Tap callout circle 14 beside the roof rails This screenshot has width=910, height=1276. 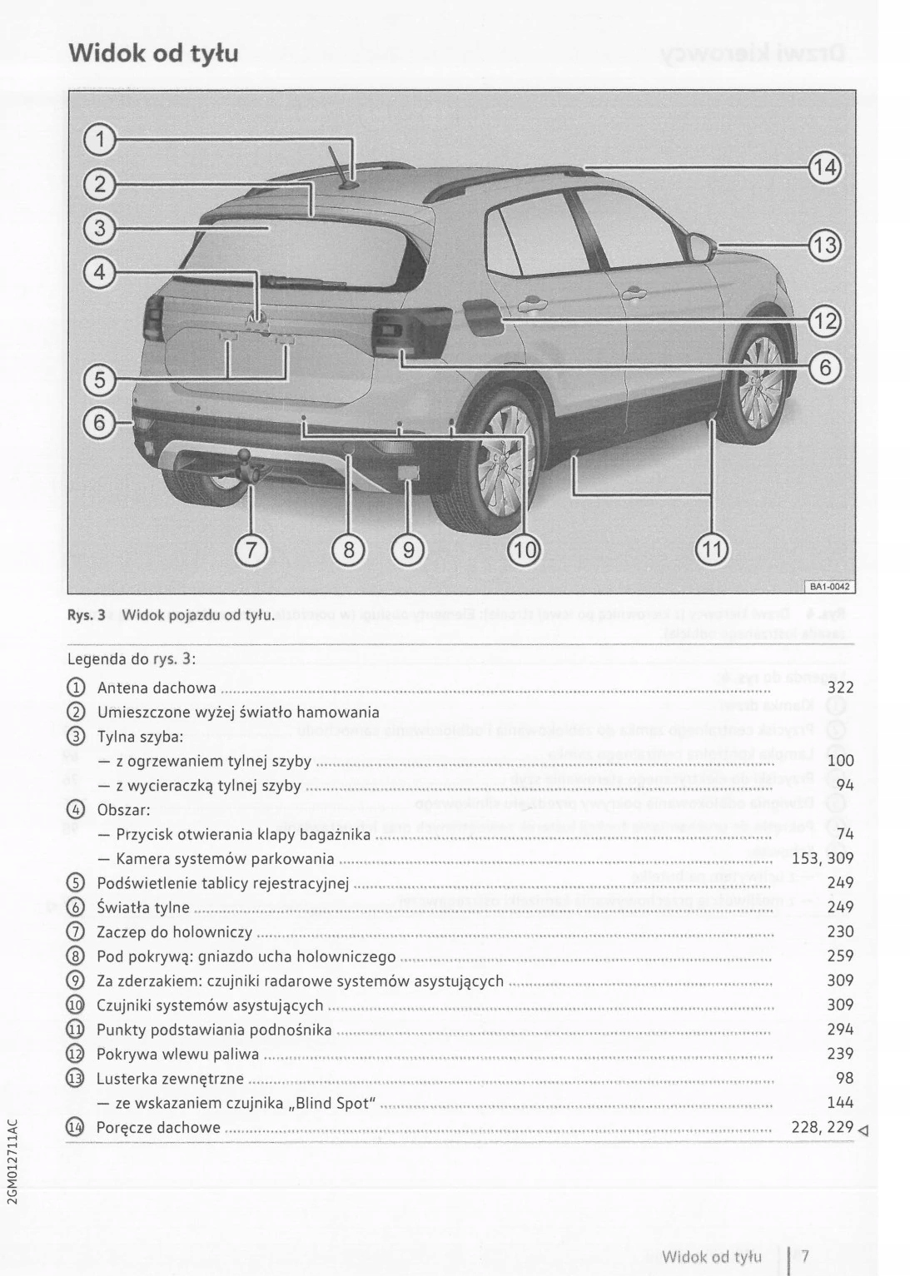[x=824, y=167]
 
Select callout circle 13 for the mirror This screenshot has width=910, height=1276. [x=824, y=246]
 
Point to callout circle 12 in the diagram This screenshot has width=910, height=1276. [x=824, y=320]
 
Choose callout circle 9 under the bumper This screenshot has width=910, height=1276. [x=408, y=549]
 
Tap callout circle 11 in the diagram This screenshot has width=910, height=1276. [x=711, y=549]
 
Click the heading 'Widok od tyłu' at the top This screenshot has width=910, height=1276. [x=153, y=53]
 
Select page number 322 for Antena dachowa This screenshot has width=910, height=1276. [x=840, y=688]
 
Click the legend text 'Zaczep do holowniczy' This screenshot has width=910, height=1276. [x=175, y=932]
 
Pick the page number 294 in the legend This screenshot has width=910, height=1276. [x=840, y=1030]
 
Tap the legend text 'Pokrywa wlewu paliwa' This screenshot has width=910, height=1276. [x=177, y=1055]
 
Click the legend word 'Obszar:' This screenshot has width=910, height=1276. [x=123, y=810]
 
